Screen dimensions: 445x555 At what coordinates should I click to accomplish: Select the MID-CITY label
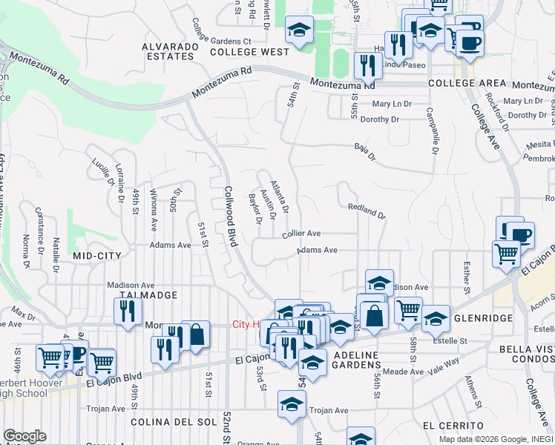pos(96,255)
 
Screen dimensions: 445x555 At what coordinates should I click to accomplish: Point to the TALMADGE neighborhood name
pos(148,295)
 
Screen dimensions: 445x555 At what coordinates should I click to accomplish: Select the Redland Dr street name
pos(367,213)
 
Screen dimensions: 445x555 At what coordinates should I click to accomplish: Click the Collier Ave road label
pos(301,233)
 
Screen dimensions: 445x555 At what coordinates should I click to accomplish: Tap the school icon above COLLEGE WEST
pos(299,30)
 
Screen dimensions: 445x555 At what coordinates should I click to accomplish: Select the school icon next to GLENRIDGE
pos(436,317)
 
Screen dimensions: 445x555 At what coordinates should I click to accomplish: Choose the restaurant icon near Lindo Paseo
pos(367,65)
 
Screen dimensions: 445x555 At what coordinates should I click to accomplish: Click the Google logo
pos(24,436)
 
